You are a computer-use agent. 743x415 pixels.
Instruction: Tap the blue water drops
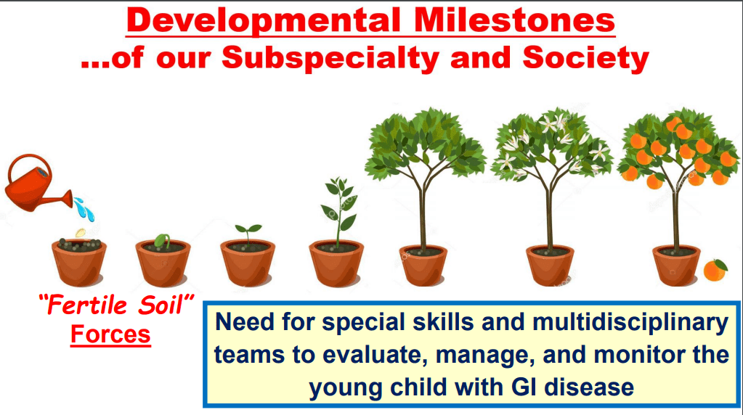click(x=84, y=209)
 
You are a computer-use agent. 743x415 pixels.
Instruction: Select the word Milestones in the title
click(x=514, y=20)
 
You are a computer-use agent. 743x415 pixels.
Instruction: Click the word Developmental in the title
click(x=264, y=20)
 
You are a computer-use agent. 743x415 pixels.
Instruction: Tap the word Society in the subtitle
click(x=585, y=59)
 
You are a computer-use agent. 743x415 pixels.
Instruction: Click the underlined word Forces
click(x=110, y=334)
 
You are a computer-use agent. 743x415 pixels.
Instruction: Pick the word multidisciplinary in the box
click(x=630, y=323)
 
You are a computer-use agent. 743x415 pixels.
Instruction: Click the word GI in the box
click(x=524, y=387)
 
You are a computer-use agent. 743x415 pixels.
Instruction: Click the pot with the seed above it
click(x=78, y=263)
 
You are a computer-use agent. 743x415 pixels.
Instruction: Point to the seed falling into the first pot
click(x=81, y=233)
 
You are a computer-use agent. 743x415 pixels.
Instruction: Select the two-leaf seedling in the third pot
click(x=248, y=234)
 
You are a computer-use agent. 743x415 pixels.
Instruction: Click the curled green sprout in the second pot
click(x=163, y=241)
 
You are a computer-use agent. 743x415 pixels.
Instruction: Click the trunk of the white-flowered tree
click(x=550, y=218)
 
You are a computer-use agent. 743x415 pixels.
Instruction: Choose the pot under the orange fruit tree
click(x=676, y=266)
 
